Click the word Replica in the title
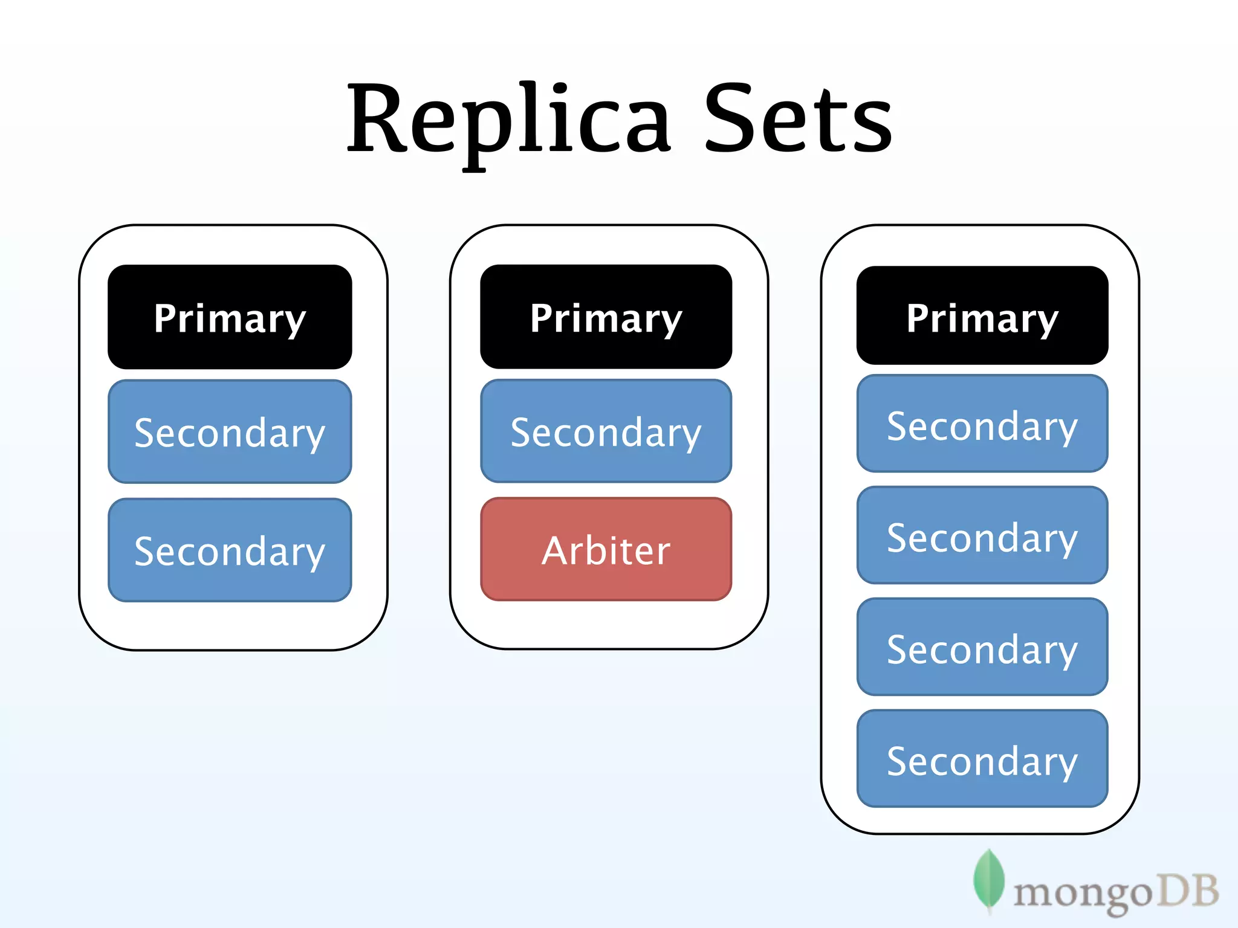(x=508, y=118)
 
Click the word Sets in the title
(x=798, y=118)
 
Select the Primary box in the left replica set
(x=230, y=317)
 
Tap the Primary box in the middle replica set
(x=606, y=317)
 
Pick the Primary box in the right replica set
(x=982, y=315)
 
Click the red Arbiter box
(x=606, y=549)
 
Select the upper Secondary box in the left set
(x=230, y=431)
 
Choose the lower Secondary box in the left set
(x=230, y=550)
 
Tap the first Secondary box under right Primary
(x=982, y=424)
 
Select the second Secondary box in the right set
(x=982, y=535)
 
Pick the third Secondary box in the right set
(x=982, y=647)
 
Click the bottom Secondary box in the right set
(x=982, y=759)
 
